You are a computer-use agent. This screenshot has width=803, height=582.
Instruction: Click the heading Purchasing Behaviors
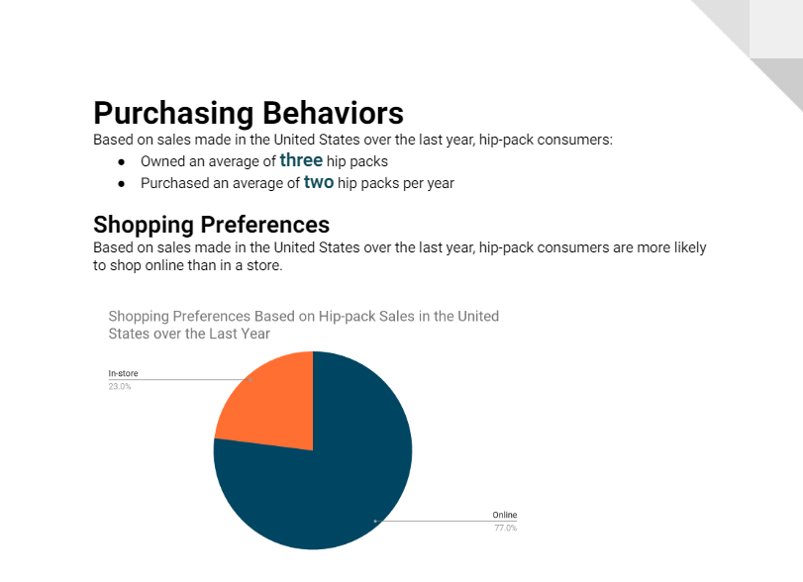click(249, 114)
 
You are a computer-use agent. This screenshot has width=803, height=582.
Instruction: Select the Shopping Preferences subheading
click(212, 225)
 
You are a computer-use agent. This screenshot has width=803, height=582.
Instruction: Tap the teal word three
click(301, 160)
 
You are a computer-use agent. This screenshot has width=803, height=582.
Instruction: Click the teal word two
click(319, 182)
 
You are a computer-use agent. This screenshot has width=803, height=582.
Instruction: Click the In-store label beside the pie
click(124, 374)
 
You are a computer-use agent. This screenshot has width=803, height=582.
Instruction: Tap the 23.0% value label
click(120, 386)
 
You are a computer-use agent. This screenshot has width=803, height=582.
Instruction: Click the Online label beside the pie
click(505, 515)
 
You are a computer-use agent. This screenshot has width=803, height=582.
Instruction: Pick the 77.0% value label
click(505, 528)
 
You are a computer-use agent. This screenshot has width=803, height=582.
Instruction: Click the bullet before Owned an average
click(122, 162)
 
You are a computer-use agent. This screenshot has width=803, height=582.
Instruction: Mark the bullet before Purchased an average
click(122, 184)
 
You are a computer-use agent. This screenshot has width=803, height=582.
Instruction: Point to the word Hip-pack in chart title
click(347, 317)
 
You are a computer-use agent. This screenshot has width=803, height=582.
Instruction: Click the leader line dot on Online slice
click(375, 521)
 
